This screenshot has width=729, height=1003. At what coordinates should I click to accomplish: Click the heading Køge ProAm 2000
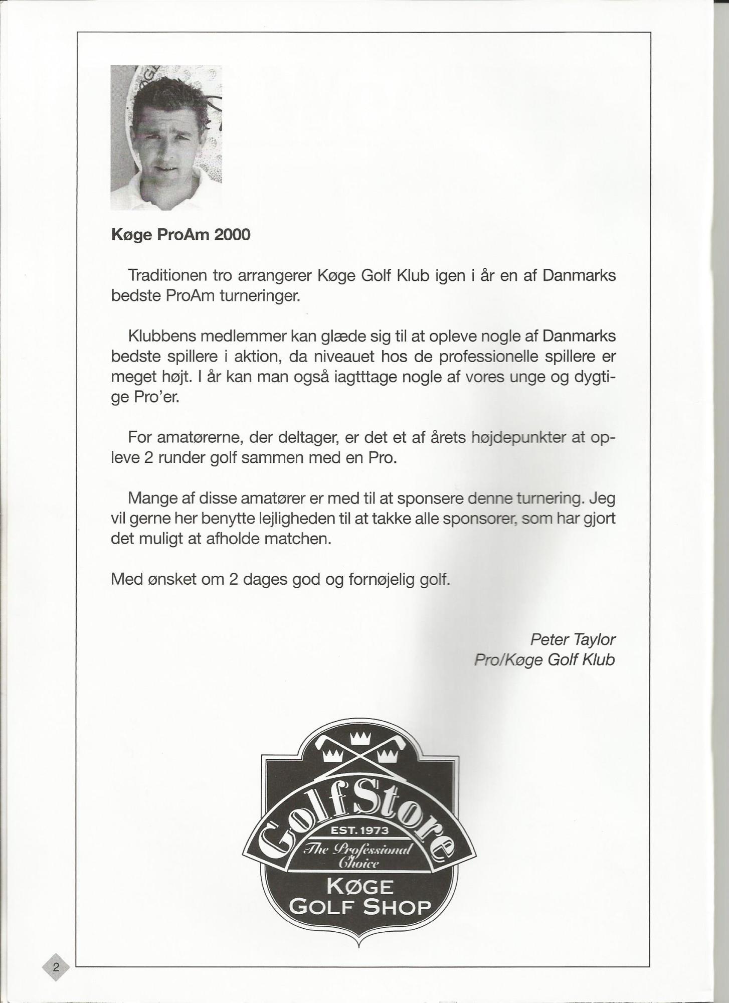point(180,235)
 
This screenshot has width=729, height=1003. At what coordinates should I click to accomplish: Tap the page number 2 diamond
point(56,967)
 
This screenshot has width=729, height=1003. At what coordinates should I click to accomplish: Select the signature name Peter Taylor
point(573,639)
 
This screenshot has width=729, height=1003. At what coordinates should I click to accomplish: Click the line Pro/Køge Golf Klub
point(544,659)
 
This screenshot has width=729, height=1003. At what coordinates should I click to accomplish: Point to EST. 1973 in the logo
point(360,830)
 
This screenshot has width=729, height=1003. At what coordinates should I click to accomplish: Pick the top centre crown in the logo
point(360,738)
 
